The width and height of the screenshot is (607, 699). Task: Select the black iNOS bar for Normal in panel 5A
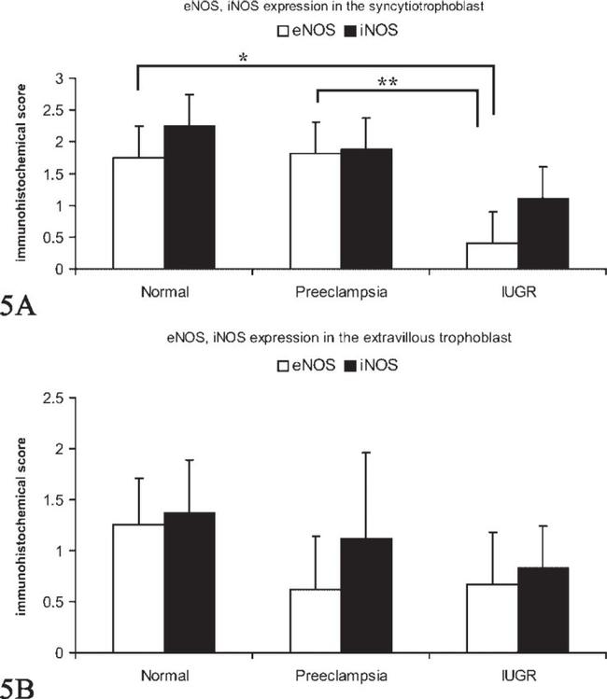[x=191, y=197]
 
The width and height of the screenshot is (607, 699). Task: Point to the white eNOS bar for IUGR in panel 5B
[x=491, y=618]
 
